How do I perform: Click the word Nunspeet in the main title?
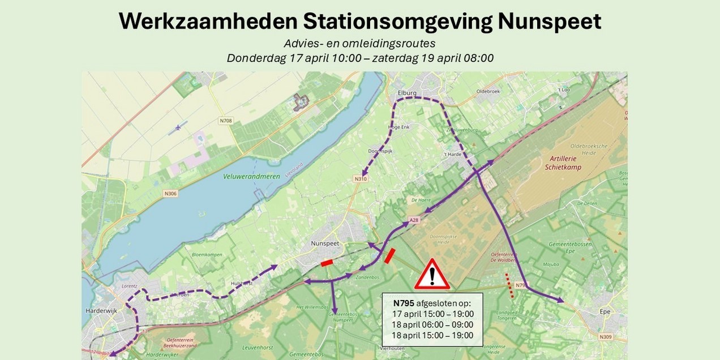tap(549, 22)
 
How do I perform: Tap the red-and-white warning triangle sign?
tap(432, 275)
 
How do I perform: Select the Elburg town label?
tap(407, 93)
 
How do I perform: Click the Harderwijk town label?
tap(100, 311)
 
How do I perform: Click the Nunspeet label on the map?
tap(324, 243)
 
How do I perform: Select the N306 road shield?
tap(170, 194)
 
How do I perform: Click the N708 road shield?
tap(225, 121)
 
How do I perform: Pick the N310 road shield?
tap(360, 179)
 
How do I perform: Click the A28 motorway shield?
tap(413, 220)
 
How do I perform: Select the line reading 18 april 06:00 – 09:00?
tap(432, 324)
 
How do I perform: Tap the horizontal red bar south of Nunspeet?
tap(327, 263)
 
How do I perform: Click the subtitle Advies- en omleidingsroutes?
tap(359, 44)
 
